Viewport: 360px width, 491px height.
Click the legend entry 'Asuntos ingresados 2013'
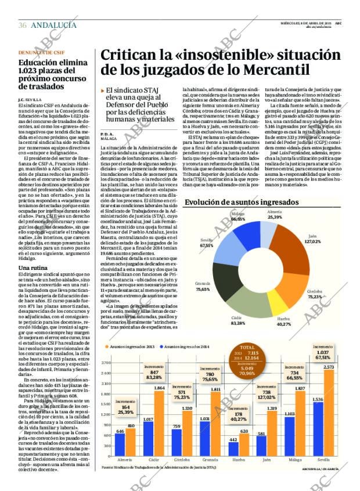pyautogui.click(x=131, y=346)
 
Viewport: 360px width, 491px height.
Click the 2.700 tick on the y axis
pyautogui.click(x=106, y=363)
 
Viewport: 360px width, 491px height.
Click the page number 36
pyautogui.click(x=23, y=25)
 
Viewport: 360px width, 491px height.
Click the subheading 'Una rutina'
pyautogui.click(x=33, y=268)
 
